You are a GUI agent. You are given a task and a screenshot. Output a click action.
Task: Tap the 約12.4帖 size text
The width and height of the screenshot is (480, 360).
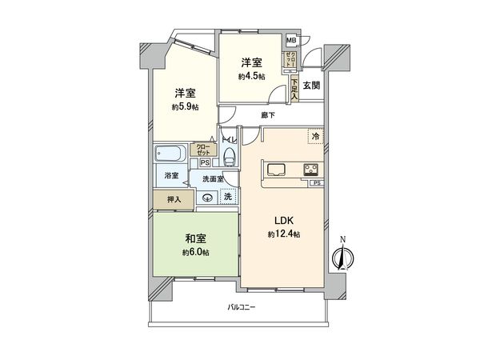coord(283,234)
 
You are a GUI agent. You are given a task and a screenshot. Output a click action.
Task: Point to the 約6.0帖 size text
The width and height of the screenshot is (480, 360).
coord(194,252)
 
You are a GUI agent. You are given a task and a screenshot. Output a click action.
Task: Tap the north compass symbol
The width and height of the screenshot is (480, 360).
coord(342,257)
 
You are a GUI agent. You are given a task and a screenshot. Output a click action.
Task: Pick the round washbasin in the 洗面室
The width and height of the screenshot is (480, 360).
coord(208,198)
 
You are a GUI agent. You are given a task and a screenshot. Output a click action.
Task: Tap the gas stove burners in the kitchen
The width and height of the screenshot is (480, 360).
coord(310,169)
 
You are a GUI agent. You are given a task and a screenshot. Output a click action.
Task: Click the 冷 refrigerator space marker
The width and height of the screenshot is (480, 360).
coord(315,137)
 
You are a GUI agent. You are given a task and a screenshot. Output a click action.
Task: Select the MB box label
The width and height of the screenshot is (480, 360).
coord(290,40)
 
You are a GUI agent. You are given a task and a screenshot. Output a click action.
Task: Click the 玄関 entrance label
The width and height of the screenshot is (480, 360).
coord(311,85)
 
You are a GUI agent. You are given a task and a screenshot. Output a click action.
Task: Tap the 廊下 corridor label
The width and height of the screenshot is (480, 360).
coord(268,115)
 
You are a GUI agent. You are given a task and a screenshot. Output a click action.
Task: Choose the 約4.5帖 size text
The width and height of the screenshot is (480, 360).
coord(250,77)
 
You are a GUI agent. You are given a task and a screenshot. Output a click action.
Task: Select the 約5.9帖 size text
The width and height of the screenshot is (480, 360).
coord(184,106)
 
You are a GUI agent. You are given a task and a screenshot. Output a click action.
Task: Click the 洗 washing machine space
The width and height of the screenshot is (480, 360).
coord(228,197)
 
